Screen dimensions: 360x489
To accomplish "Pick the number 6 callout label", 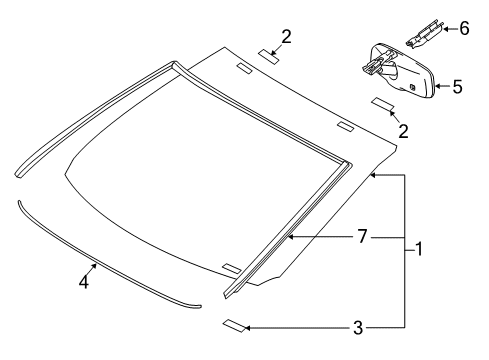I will (462, 28).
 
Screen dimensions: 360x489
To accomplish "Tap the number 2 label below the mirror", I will (402, 130).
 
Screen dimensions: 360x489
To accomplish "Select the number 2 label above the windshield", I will (287, 37).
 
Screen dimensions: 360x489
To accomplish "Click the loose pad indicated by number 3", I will (234, 325).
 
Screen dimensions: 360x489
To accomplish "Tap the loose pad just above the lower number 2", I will (384, 104).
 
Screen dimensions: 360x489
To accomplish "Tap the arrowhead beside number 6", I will (441, 29).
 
